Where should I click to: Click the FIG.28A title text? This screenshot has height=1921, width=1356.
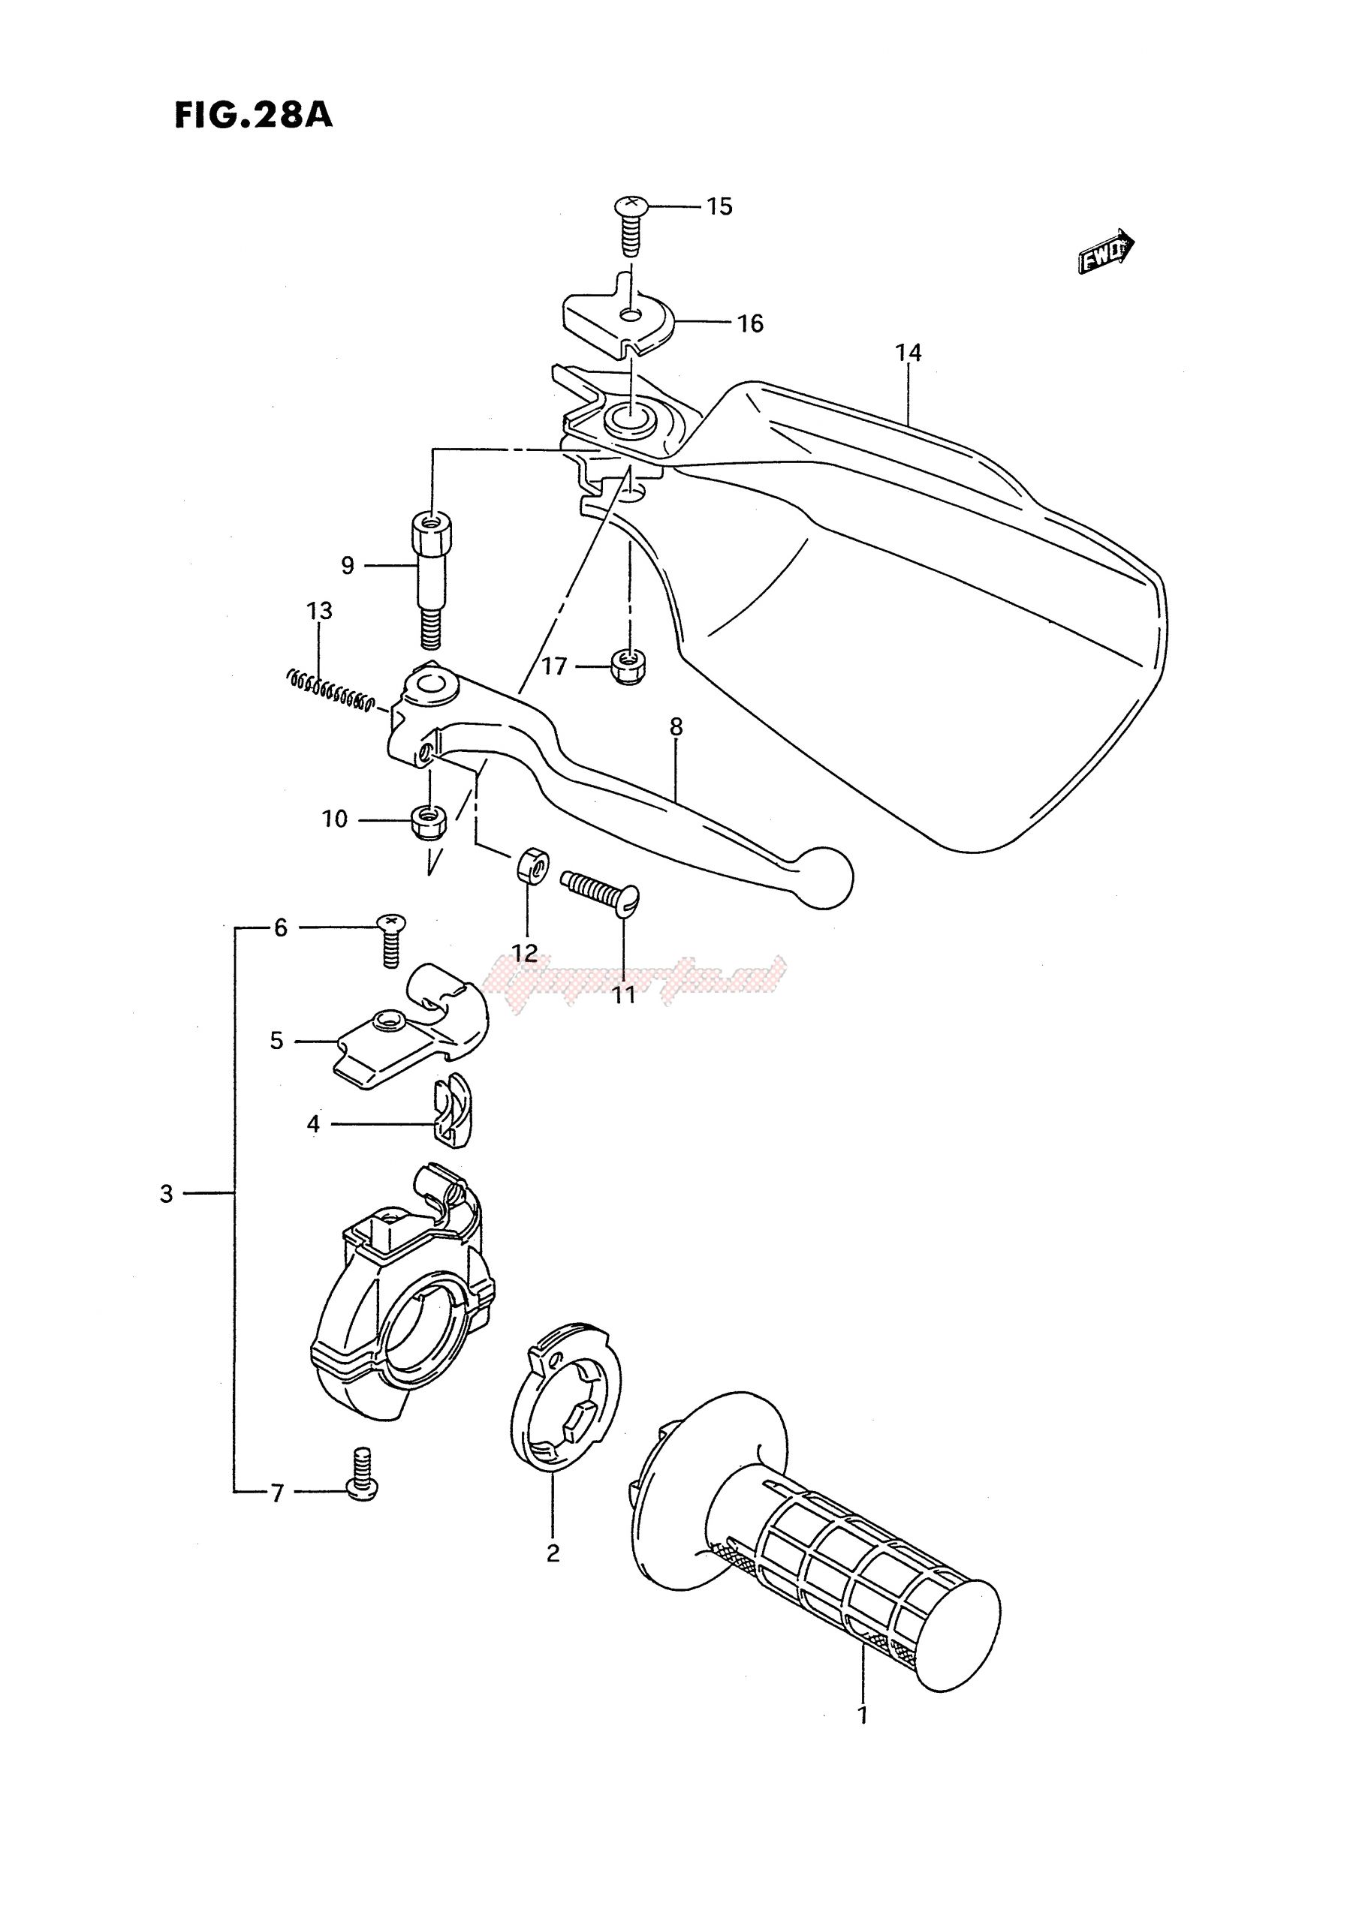click(x=253, y=116)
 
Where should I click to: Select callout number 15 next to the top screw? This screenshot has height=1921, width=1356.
click(x=719, y=206)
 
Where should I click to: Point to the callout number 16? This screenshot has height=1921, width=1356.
click(x=750, y=323)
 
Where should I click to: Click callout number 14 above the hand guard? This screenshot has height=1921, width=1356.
click(x=909, y=353)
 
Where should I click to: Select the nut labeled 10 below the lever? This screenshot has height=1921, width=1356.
click(x=430, y=822)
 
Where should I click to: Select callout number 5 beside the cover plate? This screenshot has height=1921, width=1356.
click(x=277, y=1041)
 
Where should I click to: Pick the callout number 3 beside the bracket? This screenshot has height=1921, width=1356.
click(x=167, y=1194)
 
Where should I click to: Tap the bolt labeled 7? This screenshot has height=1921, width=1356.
click(x=362, y=1478)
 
